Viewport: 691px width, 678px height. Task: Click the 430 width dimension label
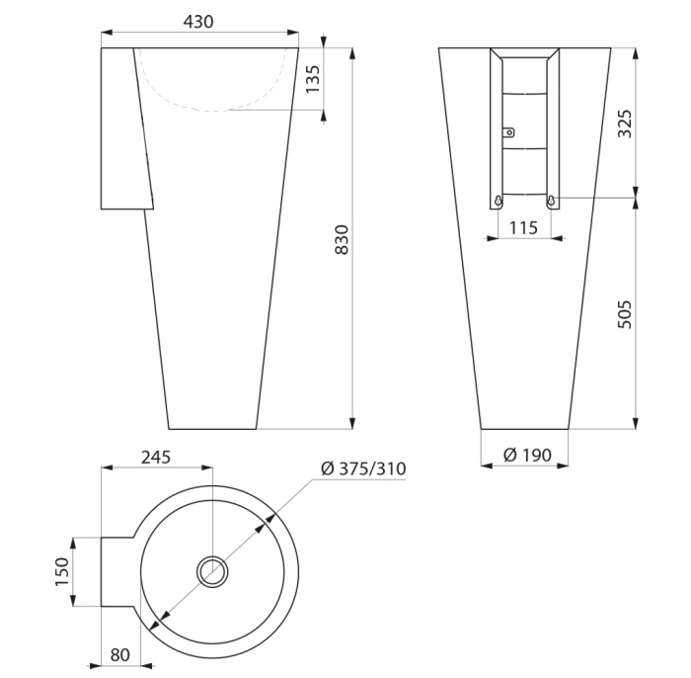198,22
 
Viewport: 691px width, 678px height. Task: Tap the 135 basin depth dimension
313,79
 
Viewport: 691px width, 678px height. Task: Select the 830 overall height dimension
342,239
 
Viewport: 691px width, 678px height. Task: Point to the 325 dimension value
624,124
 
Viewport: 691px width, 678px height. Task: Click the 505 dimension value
624,314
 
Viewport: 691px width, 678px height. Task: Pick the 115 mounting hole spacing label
523,227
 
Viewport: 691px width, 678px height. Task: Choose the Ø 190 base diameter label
527,455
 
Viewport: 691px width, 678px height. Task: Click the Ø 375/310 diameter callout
363,468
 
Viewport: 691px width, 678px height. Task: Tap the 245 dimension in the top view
156,457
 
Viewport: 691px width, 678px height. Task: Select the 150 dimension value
62,571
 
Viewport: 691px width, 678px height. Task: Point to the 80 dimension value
120,654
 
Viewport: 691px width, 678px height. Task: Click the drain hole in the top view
213,571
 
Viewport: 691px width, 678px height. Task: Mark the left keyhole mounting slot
498,201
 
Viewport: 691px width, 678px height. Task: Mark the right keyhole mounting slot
551,201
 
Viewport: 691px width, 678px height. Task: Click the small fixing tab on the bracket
508,131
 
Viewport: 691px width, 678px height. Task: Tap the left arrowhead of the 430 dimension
107,33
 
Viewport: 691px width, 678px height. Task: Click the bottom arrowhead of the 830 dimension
351,423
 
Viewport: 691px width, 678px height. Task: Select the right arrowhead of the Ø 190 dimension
563,466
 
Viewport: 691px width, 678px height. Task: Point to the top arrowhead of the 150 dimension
73,544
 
